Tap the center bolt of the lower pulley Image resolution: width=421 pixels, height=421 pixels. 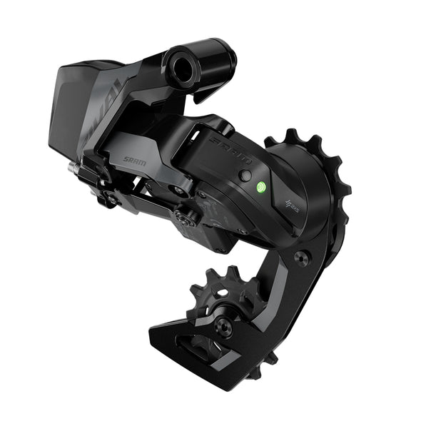coord(223,327)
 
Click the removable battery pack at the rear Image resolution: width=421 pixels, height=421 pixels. coord(78,107)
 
